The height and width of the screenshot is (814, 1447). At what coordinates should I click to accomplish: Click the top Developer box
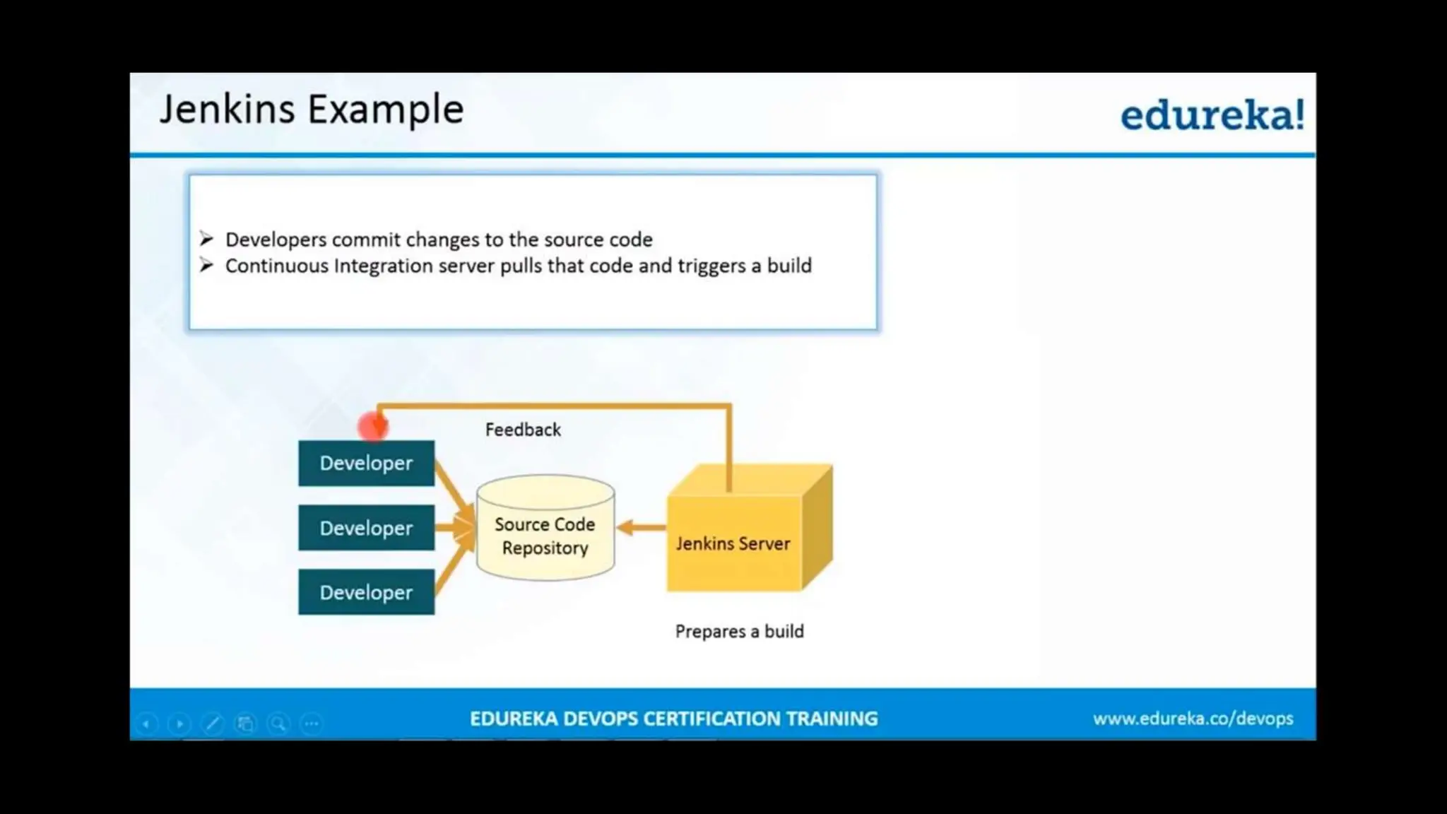[x=366, y=464]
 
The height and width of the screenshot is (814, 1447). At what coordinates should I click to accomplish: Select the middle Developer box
[x=366, y=528]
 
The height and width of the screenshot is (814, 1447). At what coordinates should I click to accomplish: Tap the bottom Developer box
[x=366, y=592]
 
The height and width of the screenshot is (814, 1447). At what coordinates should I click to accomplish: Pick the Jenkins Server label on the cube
[x=733, y=543]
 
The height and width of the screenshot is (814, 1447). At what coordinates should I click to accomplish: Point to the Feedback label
[x=523, y=430]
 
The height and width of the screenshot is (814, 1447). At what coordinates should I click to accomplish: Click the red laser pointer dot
[x=372, y=426]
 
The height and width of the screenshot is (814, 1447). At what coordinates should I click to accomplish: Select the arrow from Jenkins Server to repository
[x=642, y=527]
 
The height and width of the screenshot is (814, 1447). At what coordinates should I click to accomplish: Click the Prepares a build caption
[x=739, y=631]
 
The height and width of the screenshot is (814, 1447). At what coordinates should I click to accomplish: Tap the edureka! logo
[x=1211, y=115]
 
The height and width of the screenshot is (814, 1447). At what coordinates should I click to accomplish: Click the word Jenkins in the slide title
[x=227, y=110]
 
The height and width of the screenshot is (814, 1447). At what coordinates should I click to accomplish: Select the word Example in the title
[x=386, y=110]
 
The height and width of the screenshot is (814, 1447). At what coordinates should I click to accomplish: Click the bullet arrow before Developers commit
[x=206, y=239]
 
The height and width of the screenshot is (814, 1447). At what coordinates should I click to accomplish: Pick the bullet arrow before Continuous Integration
[x=206, y=265]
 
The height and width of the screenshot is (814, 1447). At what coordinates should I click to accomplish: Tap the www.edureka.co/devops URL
[x=1193, y=719]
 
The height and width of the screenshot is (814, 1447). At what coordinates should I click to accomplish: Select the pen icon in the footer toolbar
[x=212, y=724]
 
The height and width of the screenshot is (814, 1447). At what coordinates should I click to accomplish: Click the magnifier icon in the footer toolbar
[x=278, y=724]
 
